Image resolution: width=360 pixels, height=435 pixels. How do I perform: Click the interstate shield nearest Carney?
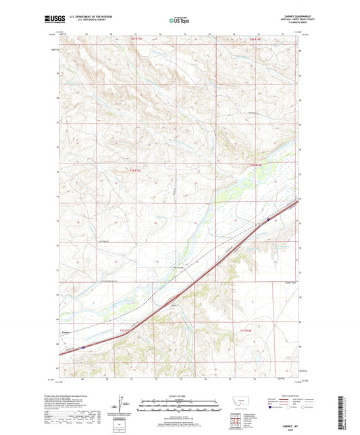tap(82, 348)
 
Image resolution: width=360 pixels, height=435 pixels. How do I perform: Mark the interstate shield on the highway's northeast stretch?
tap(268, 219)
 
